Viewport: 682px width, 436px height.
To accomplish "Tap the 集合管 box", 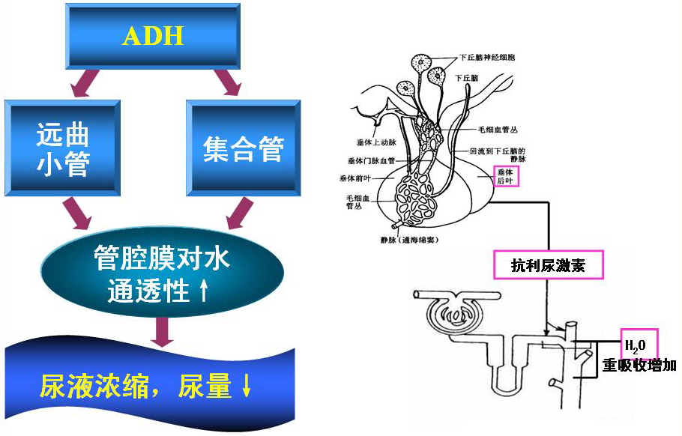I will coord(243,149).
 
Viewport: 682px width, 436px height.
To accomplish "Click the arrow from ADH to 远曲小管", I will coord(85,83).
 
